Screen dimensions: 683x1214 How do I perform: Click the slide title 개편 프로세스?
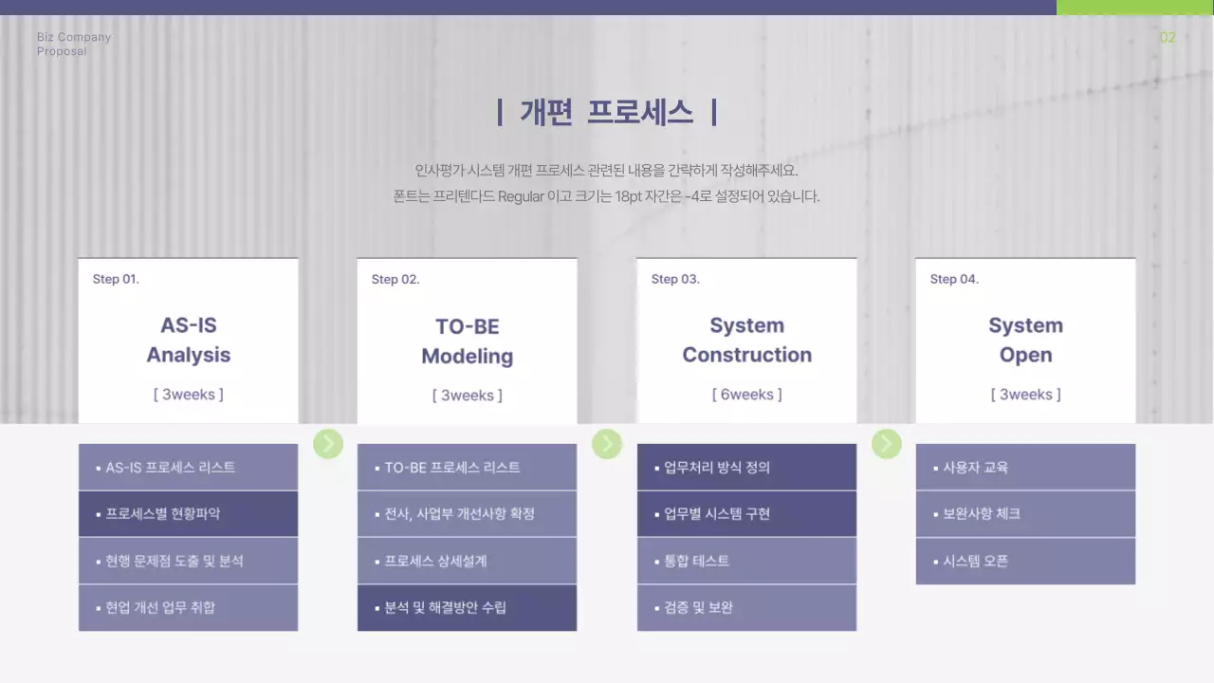(607, 113)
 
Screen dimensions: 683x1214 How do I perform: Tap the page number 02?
(1168, 38)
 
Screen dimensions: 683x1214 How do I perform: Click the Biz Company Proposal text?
(74, 44)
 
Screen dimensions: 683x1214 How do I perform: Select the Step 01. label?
(116, 279)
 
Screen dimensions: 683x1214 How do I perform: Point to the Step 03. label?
(675, 279)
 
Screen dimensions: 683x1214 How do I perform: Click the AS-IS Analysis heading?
(188, 340)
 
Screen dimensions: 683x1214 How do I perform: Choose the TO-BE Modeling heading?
(467, 341)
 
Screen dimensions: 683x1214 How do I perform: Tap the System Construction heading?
(746, 340)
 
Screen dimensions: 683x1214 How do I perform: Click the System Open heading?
(1025, 340)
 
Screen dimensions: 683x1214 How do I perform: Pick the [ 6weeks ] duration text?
(746, 395)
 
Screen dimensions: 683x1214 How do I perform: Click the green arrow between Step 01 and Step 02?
(328, 443)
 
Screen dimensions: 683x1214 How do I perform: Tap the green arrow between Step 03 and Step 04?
(886, 443)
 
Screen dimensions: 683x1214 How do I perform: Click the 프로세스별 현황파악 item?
(163, 514)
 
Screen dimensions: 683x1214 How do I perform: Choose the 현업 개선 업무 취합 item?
(160, 607)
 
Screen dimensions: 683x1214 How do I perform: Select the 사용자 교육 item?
(976, 468)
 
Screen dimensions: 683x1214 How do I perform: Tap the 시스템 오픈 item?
(976, 561)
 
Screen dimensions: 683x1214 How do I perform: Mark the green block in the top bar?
(1134, 8)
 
